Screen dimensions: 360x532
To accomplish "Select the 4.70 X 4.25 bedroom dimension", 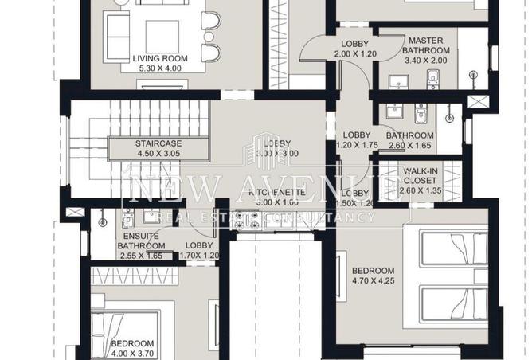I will pyautogui.click(x=373, y=280).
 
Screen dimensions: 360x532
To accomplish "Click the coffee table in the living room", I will pyautogui.click(x=162, y=36).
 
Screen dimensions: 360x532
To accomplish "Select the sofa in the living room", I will pyautogui.click(x=116, y=36).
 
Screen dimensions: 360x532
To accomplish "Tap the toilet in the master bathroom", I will pyautogui.click(x=433, y=78).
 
